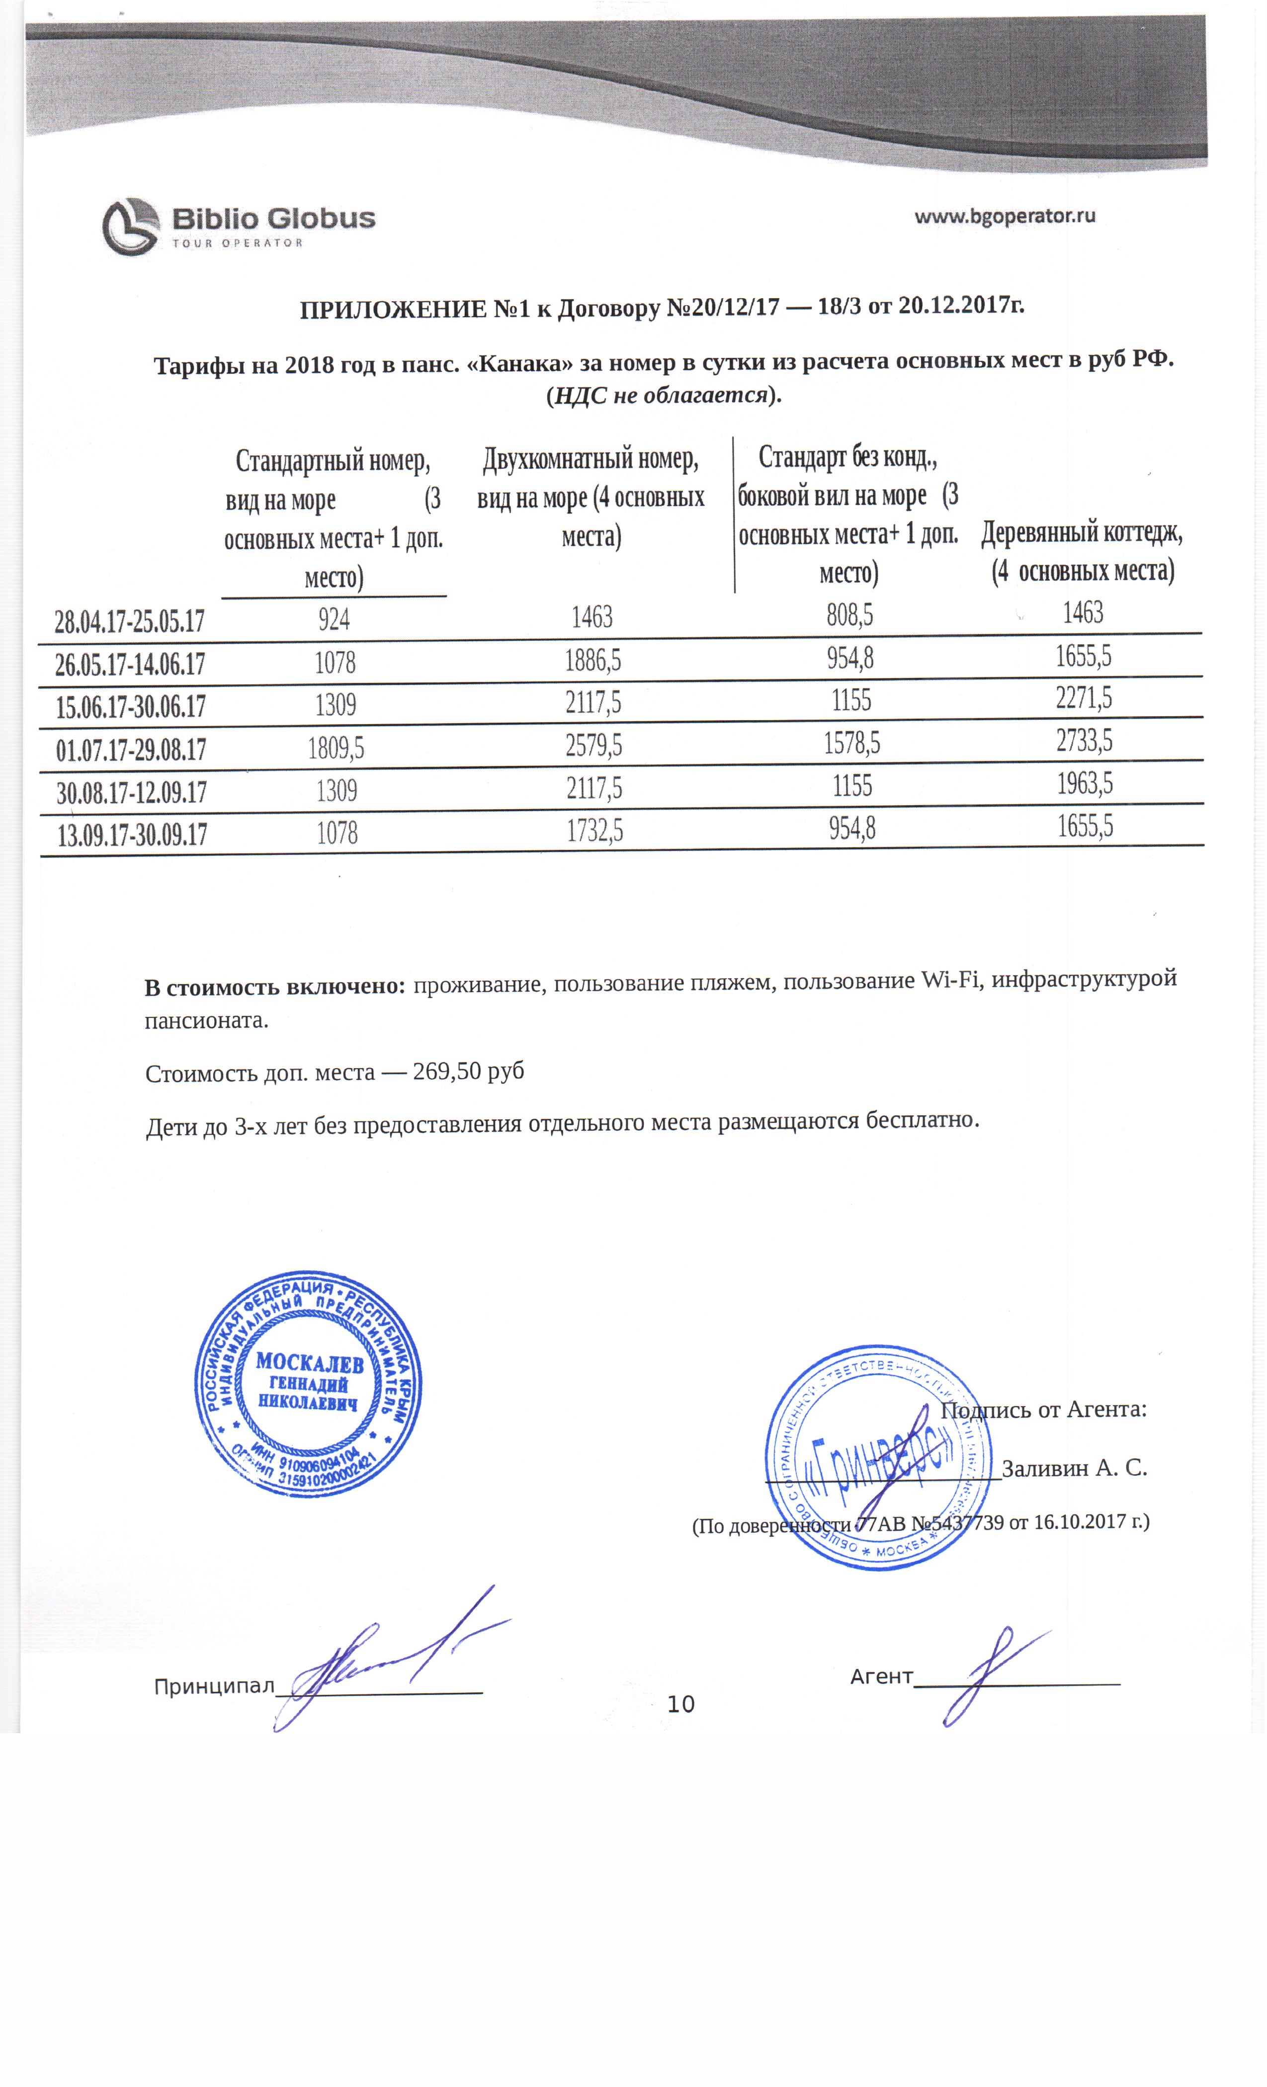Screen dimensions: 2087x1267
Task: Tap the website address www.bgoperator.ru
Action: pyautogui.click(x=1005, y=216)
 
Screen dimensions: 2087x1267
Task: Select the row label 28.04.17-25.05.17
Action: pyautogui.click(x=130, y=621)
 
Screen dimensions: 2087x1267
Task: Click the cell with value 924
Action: pyautogui.click(x=334, y=619)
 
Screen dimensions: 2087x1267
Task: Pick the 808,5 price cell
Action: pyautogui.click(x=849, y=615)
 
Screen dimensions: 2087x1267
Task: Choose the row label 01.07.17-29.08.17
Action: pyautogui.click(x=131, y=750)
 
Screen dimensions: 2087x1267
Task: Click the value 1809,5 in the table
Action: pyautogui.click(x=336, y=747)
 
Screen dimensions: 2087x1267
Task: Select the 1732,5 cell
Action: pyautogui.click(x=594, y=831)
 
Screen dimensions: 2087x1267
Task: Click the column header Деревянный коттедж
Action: pyautogui.click(x=1082, y=532)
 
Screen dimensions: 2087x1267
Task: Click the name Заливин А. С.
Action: pyautogui.click(x=1074, y=1468)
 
